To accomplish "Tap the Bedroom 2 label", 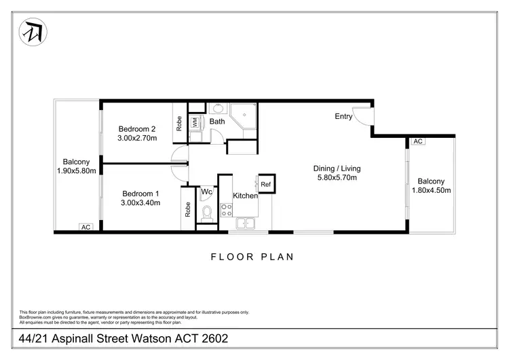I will click(138, 129).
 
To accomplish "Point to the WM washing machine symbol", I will click(195, 122).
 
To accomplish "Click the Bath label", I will click(217, 122).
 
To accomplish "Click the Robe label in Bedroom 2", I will click(179, 123).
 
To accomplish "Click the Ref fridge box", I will click(265, 184).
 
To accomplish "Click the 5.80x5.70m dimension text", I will click(337, 178).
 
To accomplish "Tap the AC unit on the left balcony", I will click(86, 228).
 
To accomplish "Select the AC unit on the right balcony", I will click(417, 141).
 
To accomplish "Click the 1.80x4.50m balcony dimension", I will click(431, 190).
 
